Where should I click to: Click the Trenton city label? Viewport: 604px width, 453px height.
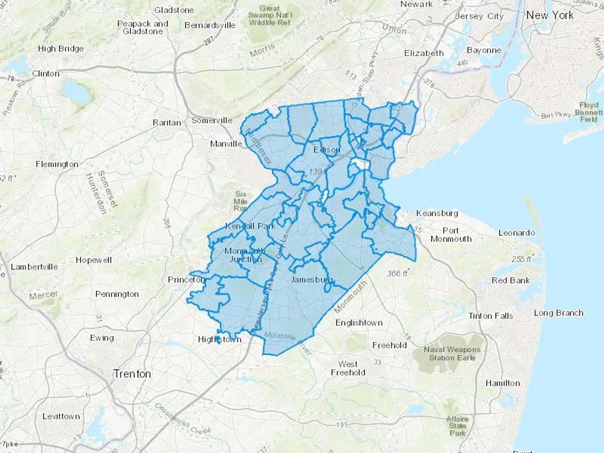pos(132,374)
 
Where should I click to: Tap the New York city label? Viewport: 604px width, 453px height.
pos(550,15)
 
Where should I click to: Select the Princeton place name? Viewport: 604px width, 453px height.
pos(186,280)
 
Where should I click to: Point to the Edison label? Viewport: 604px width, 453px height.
pos(327,150)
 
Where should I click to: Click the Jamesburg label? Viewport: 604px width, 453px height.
pos(311,280)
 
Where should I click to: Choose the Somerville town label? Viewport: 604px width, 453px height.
pos(211,120)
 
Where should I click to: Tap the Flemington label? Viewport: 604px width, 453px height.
pos(57,164)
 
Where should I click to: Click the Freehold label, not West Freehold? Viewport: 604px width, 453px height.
pos(389,345)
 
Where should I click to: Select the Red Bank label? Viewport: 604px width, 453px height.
pos(510,280)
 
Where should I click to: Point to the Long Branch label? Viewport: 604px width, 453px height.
pos(558,313)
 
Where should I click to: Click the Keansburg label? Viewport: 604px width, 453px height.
pos(437,213)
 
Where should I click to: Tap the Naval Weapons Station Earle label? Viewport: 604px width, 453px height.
pos(452,354)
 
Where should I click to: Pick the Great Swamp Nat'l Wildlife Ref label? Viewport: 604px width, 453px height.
pos(270,15)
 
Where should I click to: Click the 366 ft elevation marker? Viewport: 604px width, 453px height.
pos(397,273)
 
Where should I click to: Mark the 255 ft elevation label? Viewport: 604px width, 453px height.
pos(521,259)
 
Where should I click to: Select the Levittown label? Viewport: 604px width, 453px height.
pos(61,416)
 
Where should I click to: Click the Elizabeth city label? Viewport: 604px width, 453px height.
pos(423,53)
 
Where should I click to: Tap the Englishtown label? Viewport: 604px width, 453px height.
pos(359,323)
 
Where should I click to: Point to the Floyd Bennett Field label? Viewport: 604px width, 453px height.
pos(589,112)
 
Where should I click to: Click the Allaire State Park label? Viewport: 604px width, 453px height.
pos(457,426)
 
